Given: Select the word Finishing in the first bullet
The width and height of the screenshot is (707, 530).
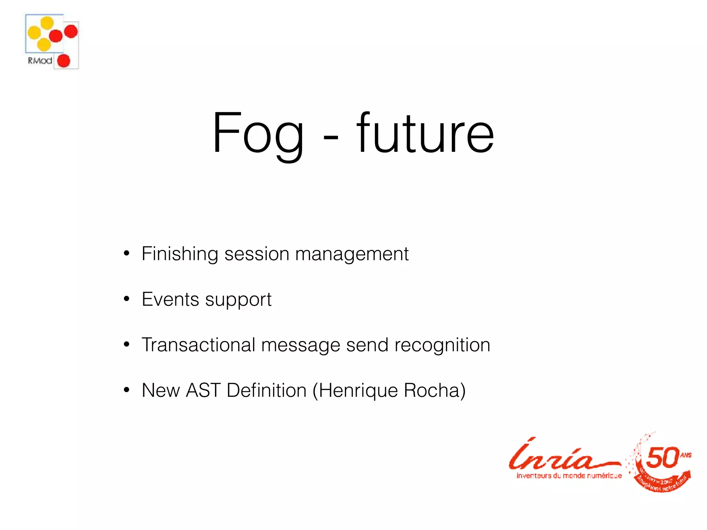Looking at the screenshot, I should [x=180, y=254].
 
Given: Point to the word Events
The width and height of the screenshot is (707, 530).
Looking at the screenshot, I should [x=170, y=299].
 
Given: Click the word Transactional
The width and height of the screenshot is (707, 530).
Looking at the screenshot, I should [x=198, y=345].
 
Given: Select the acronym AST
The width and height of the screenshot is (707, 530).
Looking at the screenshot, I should [x=203, y=390].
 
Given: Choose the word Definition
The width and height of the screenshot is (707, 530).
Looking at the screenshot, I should [x=267, y=390].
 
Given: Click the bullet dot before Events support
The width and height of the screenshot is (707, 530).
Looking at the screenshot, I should [x=127, y=299].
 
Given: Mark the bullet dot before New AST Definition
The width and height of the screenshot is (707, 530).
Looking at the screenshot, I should [x=127, y=390].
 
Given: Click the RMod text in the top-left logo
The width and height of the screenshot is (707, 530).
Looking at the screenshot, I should [x=40, y=61].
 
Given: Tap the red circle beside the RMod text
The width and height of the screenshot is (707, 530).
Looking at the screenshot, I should [x=64, y=61].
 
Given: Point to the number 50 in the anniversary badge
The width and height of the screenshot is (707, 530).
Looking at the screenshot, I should [x=662, y=458].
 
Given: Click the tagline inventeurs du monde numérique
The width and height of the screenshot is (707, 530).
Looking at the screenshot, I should [x=569, y=476].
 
